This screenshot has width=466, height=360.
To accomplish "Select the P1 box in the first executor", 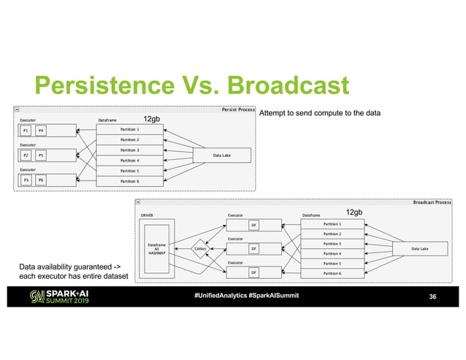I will tap(26, 131).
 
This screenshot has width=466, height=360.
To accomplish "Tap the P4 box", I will tap(41, 131).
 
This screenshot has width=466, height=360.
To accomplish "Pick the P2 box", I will tap(26, 156).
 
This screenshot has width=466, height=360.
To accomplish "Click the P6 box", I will tap(41, 180).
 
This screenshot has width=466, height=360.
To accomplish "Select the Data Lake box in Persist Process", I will tap(222, 156).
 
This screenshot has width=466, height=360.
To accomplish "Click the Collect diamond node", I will tap(201, 248).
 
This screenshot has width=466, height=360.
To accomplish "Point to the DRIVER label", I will tap(147, 215).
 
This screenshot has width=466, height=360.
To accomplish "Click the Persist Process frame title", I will tap(238, 110).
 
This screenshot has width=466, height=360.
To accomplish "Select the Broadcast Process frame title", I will tap(432, 202).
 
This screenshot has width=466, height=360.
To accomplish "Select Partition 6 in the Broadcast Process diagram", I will tap(332, 273).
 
